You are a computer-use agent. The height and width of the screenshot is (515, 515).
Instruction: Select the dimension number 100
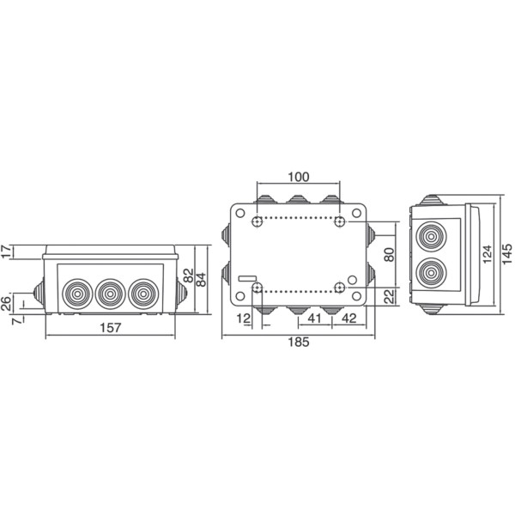(298, 178)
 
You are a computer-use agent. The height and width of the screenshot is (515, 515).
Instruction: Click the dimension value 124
(487, 254)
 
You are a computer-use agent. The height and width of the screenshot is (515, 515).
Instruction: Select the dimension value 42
(349, 318)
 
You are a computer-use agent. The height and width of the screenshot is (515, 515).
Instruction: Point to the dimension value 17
(7, 251)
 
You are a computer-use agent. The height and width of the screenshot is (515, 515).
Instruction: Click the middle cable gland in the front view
(108, 294)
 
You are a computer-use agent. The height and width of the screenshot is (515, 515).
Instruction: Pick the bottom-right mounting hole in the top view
(341, 286)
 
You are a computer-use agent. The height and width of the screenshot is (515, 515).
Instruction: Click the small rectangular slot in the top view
(247, 278)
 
